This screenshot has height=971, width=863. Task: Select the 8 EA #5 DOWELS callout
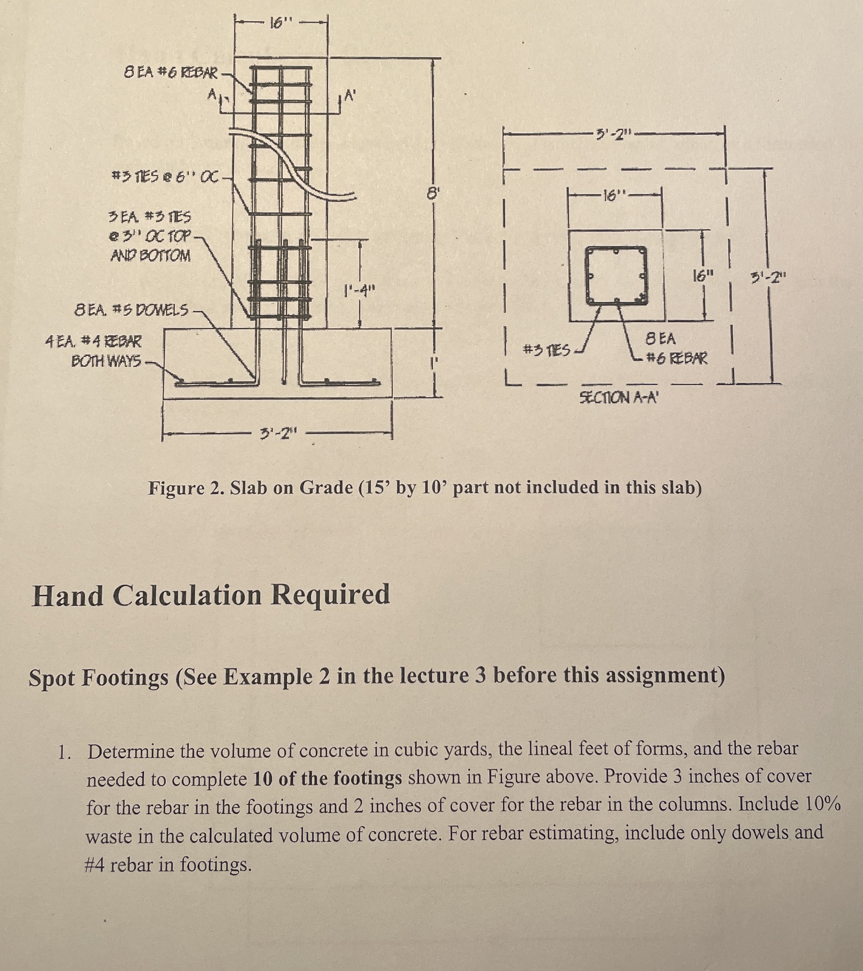point(132,311)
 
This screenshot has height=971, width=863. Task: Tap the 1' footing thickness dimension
point(433,363)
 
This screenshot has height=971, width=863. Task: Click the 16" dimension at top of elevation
point(280,22)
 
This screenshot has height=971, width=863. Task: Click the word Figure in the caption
point(176,488)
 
